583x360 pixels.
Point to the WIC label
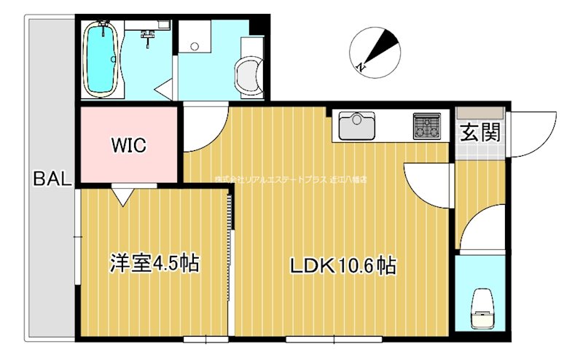(129, 145)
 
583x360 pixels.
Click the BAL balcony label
(51, 179)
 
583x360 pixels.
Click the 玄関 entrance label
(480, 133)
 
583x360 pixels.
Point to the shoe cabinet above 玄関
(480, 113)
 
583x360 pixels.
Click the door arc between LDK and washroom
(204, 131)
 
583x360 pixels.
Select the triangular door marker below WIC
(122, 195)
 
